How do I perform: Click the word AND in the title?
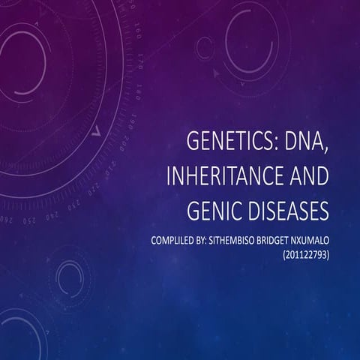pyautogui.click(x=304, y=178)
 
